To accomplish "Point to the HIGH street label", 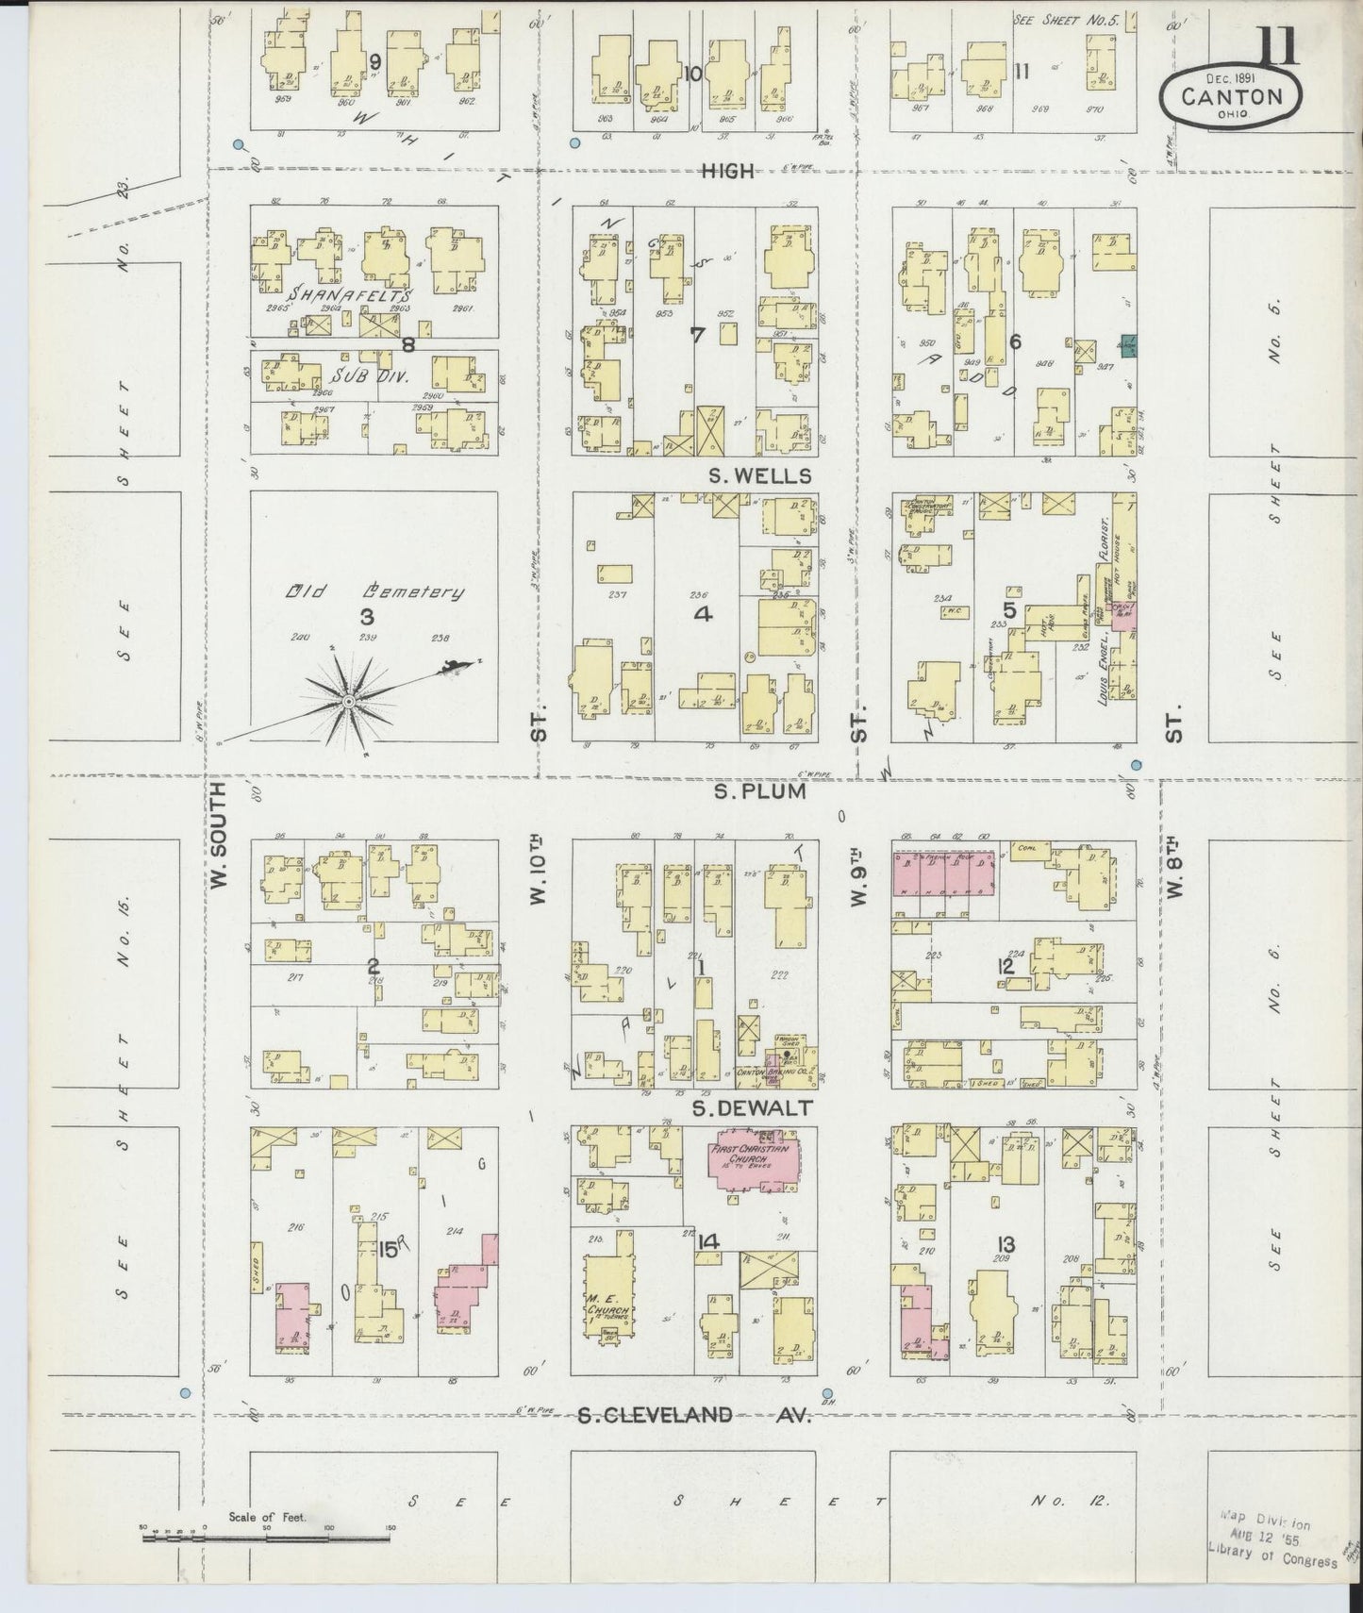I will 727,171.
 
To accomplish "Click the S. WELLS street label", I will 759,475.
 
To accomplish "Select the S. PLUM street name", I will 759,790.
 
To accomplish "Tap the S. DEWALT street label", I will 752,1108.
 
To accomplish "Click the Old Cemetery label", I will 374,592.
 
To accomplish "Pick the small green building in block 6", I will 1127,345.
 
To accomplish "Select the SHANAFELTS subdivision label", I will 350,295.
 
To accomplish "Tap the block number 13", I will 1003,1245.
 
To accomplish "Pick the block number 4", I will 703,615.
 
